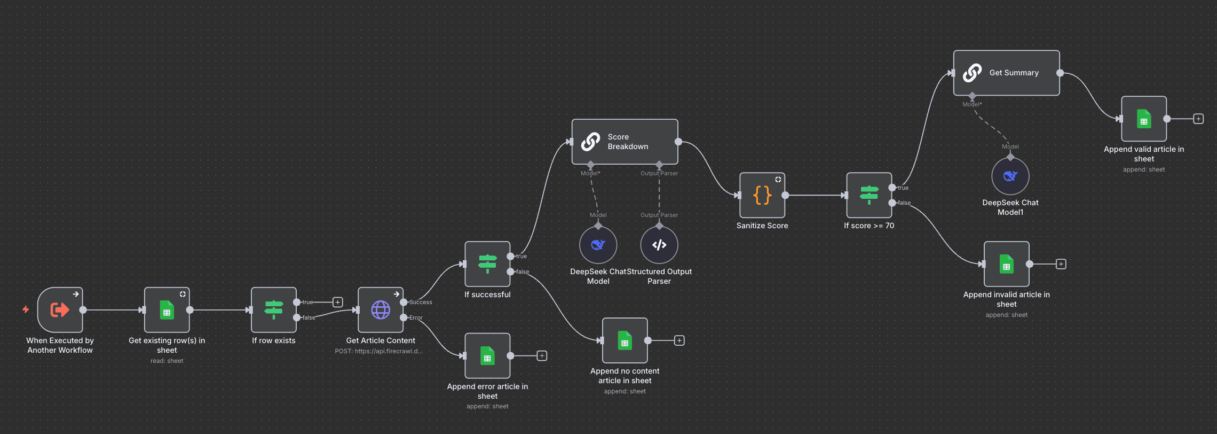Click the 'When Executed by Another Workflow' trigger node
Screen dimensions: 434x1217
click(x=60, y=310)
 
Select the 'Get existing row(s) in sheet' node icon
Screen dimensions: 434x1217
click(x=167, y=310)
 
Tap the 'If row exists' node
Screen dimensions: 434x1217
click(x=274, y=310)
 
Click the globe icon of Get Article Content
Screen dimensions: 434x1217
click(x=381, y=310)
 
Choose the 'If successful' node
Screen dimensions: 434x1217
click(x=487, y=264)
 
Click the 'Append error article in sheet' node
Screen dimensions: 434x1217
click(x=487, y=356)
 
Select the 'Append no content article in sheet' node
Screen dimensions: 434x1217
click(x=625, y=340)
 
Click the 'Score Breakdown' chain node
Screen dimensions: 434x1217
click(x=625, y=142)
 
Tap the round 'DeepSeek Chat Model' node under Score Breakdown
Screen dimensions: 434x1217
click(x=598, y=245)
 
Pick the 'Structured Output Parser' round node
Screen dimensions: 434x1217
click(x=659, y=245)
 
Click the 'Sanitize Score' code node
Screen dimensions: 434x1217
click(x=762, y=195)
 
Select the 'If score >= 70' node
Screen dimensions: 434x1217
click(x=869, y=195)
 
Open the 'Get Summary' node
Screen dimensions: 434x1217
click(x=1007, y=73)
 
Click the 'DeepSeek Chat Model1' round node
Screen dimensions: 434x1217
click(x=1010, y=176)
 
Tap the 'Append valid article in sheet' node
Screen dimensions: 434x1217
click(x=1144, y=119)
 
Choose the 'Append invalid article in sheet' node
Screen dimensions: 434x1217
click(x=1007, y=264)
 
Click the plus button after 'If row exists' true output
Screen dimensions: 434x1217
click(x=338, y=302)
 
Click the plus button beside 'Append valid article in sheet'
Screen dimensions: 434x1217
click(x=1198, y=119)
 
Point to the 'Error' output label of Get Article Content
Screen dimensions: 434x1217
click(x=416, y=317)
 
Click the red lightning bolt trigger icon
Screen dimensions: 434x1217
click(x=26, y=309)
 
